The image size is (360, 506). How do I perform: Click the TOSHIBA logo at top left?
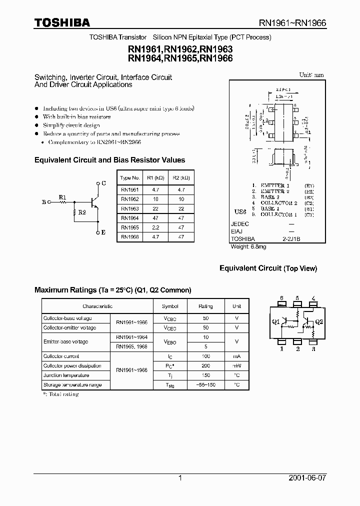pyautogui.click(x=62, y=22)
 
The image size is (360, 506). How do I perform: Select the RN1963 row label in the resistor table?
pyautogui.click(x=130, y=208)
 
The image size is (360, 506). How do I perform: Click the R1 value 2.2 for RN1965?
pyautogui.click(x=154, y=227)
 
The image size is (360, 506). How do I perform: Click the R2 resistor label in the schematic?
pyautogui.click(x=81, y=211)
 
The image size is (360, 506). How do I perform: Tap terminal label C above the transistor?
pyautogui.click(x=103, y=183)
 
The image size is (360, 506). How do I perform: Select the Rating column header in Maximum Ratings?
pyautogui.click(x=205, y=306)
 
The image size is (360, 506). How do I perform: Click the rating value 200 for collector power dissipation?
pyautogui.click(x=205, y=366)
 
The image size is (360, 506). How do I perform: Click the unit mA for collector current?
pyautogui.click(x=236, y=356)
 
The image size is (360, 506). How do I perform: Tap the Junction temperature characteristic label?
pyautogui.click(x=66, y=375)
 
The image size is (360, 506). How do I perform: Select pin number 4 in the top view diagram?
pyautogui.click(x=313, y=298)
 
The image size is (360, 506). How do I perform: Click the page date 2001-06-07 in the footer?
pyautogui.click(x=307, y=478)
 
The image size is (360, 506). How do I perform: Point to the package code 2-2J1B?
pyautogui.click(x=291, y=239)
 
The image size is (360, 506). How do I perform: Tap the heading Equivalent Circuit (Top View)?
pyautogui.click(x=268, y=268)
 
